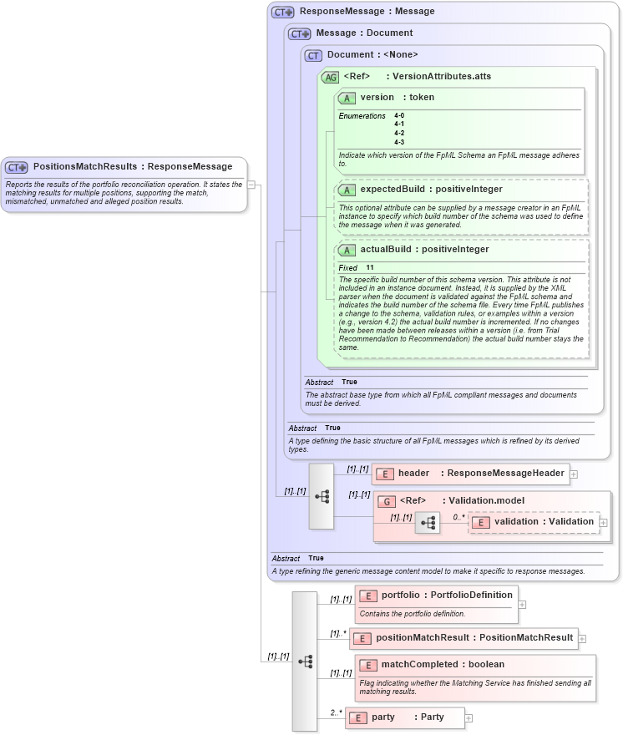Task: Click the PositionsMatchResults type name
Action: (84, 166)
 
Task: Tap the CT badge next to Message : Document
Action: (299, 33)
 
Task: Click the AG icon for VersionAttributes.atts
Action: (331, 77)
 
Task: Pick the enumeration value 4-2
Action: (399, 133)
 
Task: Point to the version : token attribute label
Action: (397, 98)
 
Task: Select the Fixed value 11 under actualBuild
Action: (369, 267)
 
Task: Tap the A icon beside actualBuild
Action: (347, 250)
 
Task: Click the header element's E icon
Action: (385, 474)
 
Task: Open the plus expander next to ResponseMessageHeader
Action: (574, 474)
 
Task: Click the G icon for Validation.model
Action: (386, 501)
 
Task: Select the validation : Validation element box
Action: (534, 522)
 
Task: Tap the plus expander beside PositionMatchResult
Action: (582, 638)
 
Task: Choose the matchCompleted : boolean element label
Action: (443, 665)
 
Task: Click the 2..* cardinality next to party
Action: (336, 712)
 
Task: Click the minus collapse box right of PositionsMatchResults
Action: (251, 185)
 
